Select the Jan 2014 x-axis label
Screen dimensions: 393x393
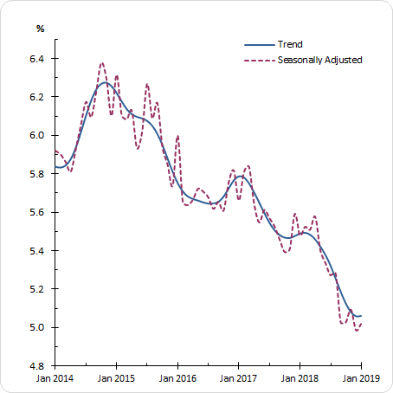coord(55,379)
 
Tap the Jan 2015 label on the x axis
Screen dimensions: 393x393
coord(116,379)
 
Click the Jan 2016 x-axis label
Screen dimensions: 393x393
coord(177,379)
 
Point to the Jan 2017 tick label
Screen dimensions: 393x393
coord(239,379)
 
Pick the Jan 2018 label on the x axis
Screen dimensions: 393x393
coord(300,379)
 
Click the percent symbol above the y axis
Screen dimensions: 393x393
coord(40,29)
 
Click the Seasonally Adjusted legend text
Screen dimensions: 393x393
coord(319,60)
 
